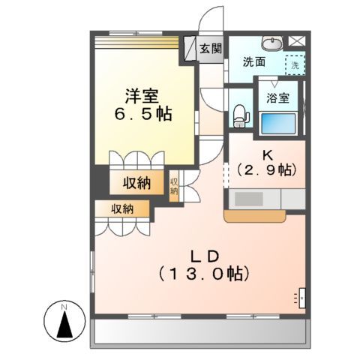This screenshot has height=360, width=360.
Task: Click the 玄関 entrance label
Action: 211,49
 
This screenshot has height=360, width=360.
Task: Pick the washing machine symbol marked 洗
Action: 295,64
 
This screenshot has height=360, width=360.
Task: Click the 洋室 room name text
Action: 140,95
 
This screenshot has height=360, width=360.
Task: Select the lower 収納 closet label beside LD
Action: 124,209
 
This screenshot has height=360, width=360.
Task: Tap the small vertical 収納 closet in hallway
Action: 174,185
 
